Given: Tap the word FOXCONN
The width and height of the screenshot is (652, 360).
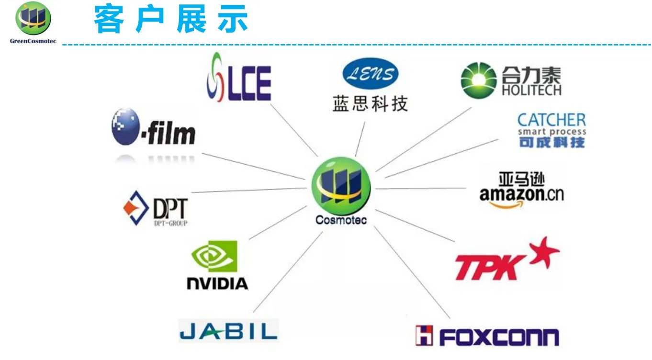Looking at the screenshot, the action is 498,337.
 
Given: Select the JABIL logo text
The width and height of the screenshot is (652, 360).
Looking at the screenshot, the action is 228,330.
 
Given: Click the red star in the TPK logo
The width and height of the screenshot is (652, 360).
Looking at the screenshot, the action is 543,252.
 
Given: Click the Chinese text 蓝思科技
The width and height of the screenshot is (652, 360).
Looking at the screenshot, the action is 370,103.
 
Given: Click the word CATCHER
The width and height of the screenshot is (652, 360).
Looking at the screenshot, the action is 551,120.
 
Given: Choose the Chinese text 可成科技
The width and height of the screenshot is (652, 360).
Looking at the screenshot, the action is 551,142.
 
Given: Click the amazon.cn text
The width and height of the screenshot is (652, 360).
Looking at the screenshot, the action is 521,194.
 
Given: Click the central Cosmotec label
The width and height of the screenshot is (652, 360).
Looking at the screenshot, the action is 341,221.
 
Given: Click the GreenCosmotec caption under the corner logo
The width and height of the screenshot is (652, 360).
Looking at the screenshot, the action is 33,41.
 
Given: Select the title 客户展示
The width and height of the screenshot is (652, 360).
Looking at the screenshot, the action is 171,20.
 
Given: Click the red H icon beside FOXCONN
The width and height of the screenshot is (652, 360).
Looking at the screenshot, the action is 424,336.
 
